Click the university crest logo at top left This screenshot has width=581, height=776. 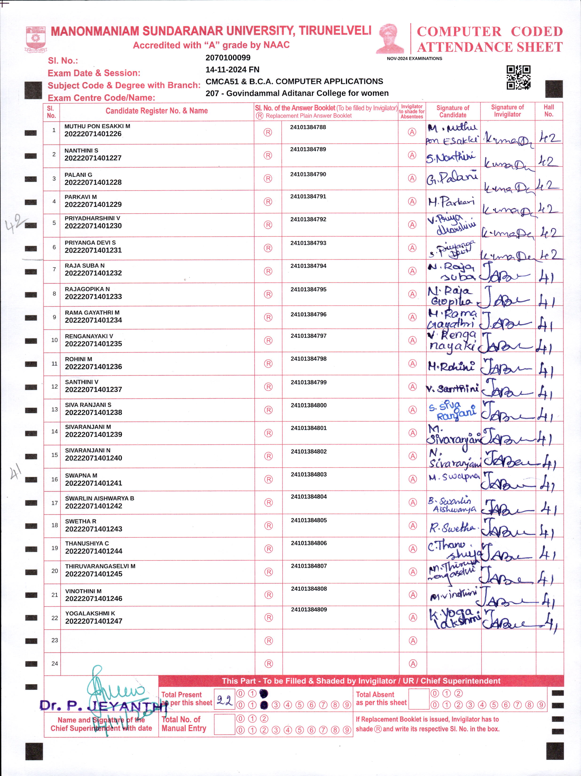pyautogui.click(x=36, y=39)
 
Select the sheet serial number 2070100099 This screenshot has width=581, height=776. pyautogui.click(x=228, y=58)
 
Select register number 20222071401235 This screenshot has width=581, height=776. pyautogui.click(x=93, y=344)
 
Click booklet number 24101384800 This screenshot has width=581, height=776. pyautogui.click(x=308, y=405)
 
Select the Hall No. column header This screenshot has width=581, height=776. pyautogui.click(x=549, y=111)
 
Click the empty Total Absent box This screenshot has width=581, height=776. pyautogui.click(x=419, y=699)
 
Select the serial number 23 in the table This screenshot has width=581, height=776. pyautogui.click(x=55, y=640)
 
